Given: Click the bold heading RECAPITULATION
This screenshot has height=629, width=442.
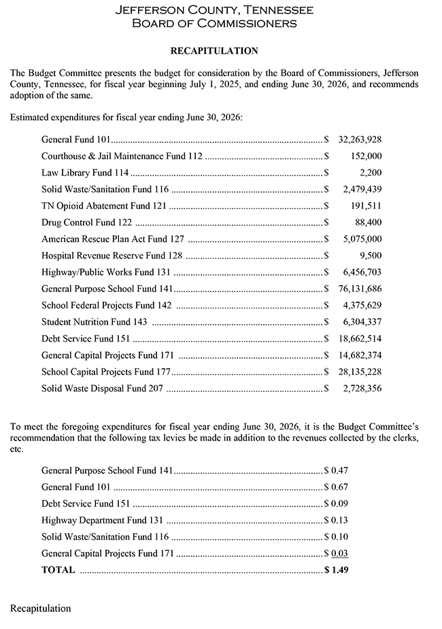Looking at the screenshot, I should click(214, 50).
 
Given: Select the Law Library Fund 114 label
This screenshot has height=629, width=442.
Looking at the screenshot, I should click(84, 172).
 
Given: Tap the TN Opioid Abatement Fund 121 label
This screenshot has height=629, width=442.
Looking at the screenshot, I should click(103, 206).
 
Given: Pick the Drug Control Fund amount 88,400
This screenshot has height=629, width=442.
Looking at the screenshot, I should click(368, 222).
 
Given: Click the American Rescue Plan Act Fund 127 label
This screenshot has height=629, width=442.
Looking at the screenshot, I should click(112, 239).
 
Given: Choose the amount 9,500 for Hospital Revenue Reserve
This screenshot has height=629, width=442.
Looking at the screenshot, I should click(371, 255).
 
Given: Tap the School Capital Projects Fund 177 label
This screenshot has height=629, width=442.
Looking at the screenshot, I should click(107, 372).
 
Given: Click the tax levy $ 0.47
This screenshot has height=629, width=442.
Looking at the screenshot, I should click(336, 470).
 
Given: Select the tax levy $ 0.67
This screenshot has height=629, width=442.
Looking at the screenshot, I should click(336, 487).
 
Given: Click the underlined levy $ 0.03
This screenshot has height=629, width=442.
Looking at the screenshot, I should click(336, 553).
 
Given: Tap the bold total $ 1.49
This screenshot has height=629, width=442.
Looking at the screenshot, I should click(336, 570).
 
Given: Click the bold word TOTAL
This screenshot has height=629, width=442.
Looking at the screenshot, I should click(58, 570).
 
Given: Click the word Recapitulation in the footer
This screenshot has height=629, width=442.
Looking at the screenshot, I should click(40, 607).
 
